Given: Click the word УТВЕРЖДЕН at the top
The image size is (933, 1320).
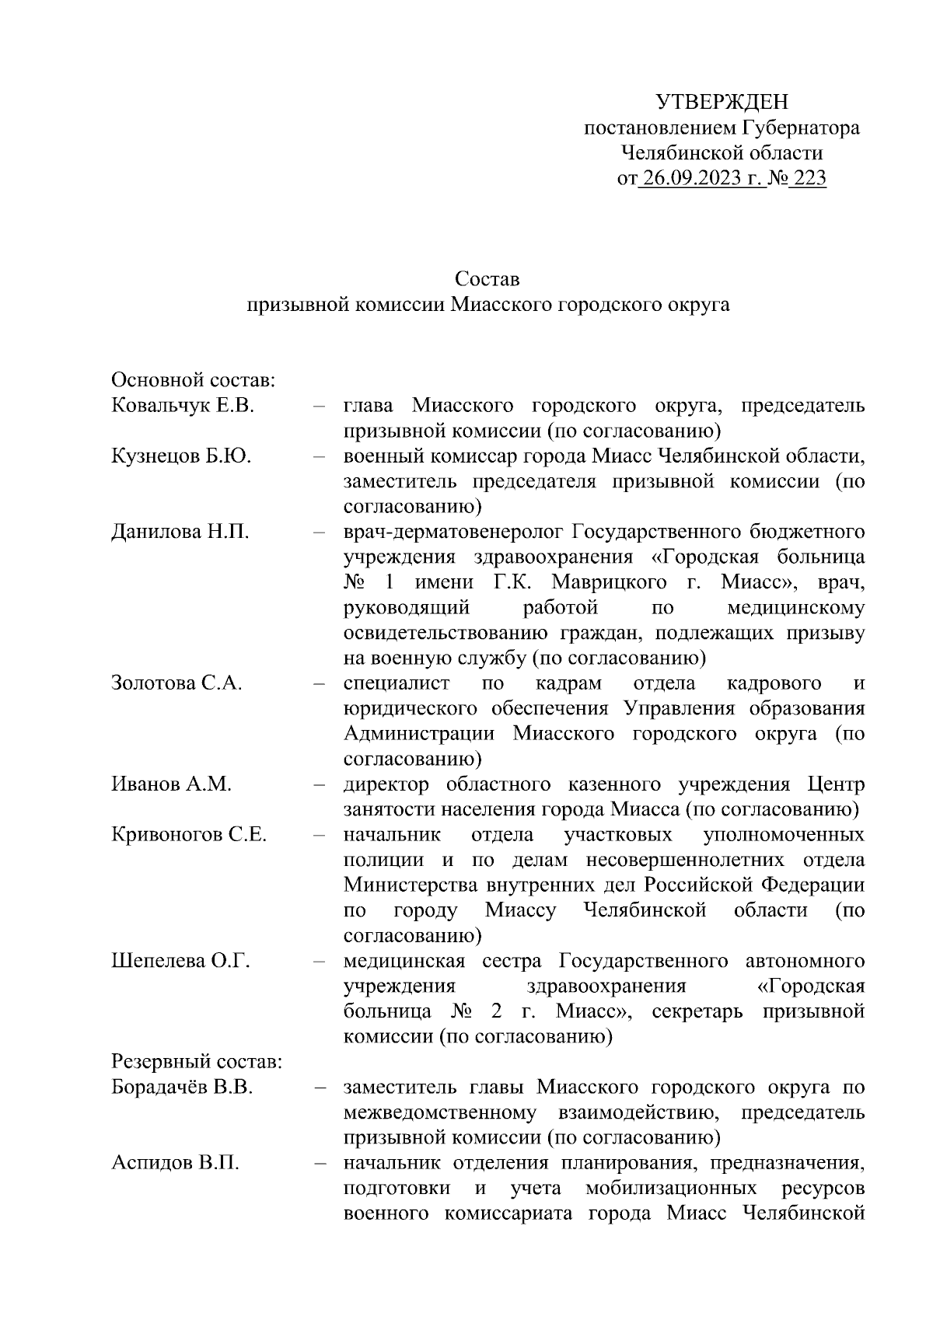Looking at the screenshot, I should pos(722,102).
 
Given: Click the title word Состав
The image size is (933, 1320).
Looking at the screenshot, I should pos(487,278).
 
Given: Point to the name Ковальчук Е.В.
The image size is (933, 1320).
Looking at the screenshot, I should pos(183,406).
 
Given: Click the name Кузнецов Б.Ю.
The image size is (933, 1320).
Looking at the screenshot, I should pos(181,456).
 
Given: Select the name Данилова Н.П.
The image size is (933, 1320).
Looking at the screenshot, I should pos(180,533).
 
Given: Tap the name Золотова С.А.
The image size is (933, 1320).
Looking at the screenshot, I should pos(176,683).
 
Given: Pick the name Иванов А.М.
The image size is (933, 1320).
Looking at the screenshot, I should pos(171,784).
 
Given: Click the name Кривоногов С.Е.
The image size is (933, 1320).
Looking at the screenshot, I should pos(189,835).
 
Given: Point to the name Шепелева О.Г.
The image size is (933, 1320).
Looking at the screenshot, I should pos(180,961).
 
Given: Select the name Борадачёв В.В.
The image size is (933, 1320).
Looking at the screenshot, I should pos(182,1087).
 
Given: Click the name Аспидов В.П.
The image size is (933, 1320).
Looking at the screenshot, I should pos(175,1163).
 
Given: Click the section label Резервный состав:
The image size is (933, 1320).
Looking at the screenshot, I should pos(197,1062).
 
